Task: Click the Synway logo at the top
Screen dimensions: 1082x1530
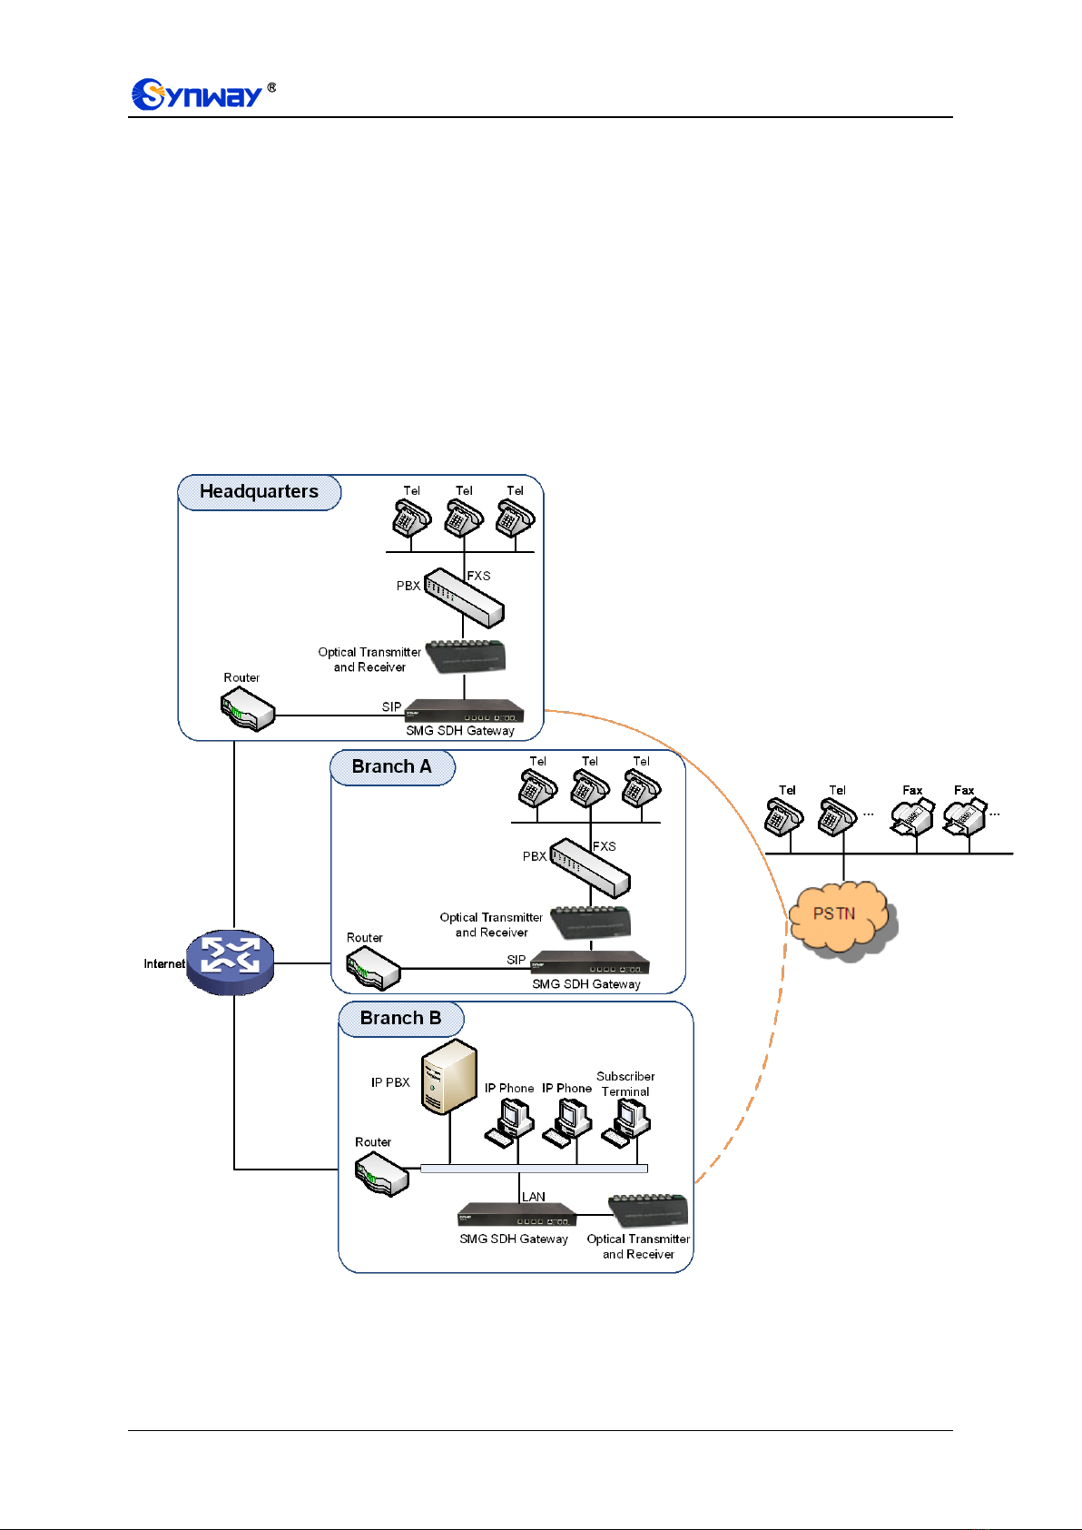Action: pyautogui.click(x=203, y=94)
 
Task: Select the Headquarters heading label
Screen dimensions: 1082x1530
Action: pyautogui.click(x=259, y=492)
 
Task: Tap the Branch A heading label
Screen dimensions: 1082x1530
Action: pyautogui.click(x=392, y=767)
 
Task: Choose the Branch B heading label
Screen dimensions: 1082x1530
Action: pyautogui.click(x=400, y=1019)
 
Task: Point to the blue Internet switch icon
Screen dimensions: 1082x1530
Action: pyautogui.click(x=231, y=962)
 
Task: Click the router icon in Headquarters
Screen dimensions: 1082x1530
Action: pyautogui.click(x=247, y=709)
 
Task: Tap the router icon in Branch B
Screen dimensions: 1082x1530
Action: pyautogui.click(x=381, y=1174)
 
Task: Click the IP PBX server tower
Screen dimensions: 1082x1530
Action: pyautogui.click(x=448, y=1077)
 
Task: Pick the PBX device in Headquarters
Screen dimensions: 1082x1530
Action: pyautogui.click(x=464, y=597)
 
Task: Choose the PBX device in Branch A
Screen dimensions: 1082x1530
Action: pyautogui.click(x=590, y=868)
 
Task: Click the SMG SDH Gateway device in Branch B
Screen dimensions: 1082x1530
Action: pyautogui.click(x=516, y=1214)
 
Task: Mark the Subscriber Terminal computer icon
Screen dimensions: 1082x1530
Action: pyautogui.click(x=626, y=1123)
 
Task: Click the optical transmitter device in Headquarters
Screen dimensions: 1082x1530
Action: pyautogui.click(x=467, y=657)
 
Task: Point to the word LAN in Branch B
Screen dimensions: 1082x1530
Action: pyautogui.click(x=533, y=1197)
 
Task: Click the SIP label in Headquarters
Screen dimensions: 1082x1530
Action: pyautogui.click(x=391, y=707)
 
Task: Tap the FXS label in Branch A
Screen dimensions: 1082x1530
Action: pyautogui.click(x=605, y=846)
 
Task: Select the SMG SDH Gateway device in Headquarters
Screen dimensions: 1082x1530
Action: pyautogui.click(x=464, y=711)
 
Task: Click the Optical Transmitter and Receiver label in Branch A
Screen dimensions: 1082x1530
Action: pyautogui.click(x=491, y=925)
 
